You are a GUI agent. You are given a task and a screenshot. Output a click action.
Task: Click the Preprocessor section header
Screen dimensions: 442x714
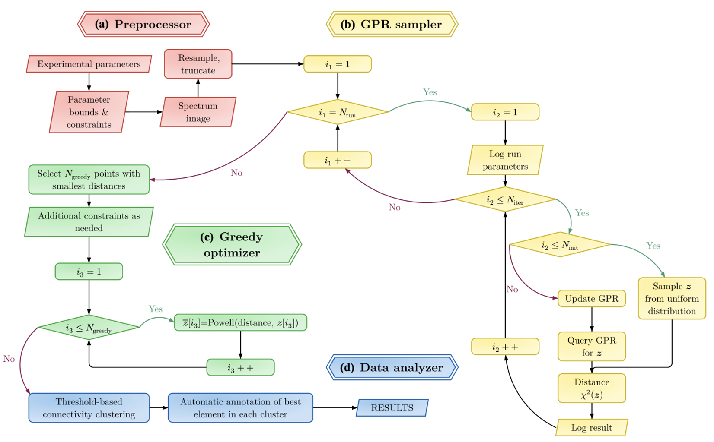[143, 24]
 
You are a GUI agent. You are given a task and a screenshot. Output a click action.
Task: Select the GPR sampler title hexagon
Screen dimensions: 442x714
[392, 24]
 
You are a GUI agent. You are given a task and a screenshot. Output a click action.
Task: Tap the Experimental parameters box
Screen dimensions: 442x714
[89, 64]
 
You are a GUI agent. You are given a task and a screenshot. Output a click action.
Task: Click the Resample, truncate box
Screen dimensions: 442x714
[198, 64]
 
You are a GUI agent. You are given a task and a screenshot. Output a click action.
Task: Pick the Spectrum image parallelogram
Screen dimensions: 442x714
[198, 112]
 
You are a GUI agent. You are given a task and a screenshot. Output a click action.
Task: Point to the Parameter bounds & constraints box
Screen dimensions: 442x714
[89, 112]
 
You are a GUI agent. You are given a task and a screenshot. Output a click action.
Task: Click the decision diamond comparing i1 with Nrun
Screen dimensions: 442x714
[337, 112]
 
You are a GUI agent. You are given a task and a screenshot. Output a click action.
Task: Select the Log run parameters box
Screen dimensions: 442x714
[505, 160]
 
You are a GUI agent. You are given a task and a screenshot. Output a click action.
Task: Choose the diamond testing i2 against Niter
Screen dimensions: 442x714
[505, 199]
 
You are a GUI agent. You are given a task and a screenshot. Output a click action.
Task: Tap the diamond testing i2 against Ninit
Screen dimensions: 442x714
[560, 245]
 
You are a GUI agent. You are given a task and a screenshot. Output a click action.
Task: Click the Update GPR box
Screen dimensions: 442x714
[591, 299]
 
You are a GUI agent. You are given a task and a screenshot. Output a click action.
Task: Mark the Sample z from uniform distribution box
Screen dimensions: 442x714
[672, 299]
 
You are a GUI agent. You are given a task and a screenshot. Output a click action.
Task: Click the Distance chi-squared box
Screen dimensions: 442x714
[591, 388]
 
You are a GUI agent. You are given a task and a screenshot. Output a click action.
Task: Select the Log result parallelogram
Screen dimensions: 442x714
[591, 428]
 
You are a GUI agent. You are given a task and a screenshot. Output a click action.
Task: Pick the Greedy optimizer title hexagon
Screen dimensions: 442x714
[232, 245]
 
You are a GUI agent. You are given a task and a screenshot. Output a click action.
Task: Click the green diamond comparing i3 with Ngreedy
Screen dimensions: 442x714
[89, 328]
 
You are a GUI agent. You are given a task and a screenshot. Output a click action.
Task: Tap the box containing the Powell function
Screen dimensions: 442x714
[240, 323]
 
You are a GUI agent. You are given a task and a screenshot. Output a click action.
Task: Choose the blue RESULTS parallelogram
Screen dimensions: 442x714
[392, 408]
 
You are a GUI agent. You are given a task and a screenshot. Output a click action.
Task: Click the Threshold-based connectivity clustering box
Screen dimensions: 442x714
[89, 408]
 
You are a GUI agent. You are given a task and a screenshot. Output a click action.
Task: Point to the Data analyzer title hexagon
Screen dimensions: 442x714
[392, 367]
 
